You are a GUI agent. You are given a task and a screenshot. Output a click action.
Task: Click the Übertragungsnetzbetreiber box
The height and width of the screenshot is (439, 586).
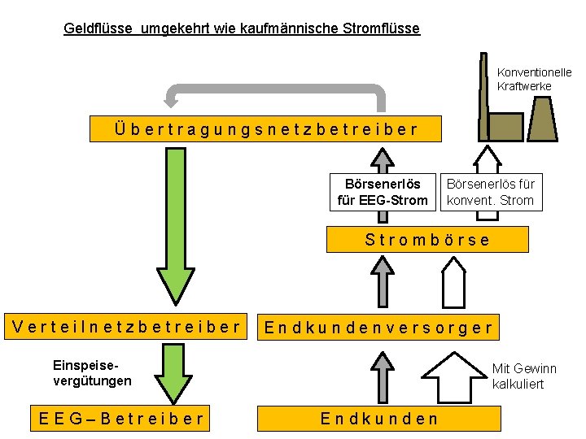266,128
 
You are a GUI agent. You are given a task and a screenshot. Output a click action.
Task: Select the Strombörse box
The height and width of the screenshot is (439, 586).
427,240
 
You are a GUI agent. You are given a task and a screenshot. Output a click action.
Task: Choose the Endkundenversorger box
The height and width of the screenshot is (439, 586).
378,328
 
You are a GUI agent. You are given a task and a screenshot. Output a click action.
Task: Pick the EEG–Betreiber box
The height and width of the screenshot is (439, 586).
121,419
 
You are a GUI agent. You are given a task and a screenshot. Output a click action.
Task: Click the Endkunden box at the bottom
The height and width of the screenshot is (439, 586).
378,419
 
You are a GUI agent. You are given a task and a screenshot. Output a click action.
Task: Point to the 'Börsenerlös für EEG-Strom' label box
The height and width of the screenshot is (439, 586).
382,193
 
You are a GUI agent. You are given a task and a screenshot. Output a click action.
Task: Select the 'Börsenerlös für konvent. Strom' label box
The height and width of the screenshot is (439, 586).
491,193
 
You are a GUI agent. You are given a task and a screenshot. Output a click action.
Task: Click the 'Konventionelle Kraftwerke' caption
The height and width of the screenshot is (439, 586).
534,80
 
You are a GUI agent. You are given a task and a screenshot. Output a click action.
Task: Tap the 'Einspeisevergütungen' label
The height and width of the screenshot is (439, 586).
92,373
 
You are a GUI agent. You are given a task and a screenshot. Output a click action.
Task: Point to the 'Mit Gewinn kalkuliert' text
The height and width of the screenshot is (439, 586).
524,376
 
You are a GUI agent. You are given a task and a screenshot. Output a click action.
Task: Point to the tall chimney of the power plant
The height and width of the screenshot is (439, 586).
482,89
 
